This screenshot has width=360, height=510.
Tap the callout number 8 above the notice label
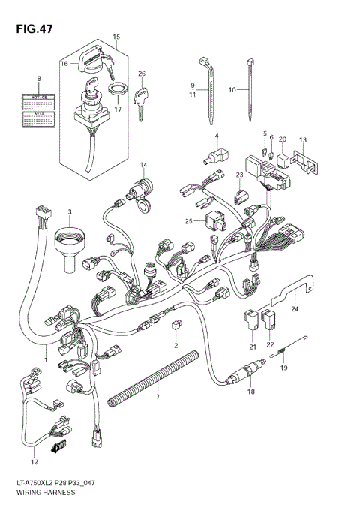point(39,78)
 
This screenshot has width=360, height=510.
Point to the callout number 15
point(116,37)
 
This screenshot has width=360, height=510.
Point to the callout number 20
point(283,140)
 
